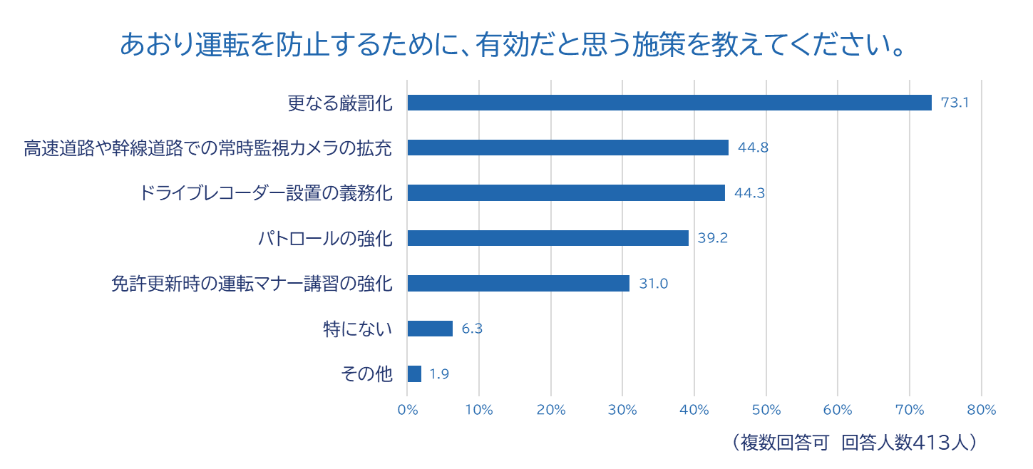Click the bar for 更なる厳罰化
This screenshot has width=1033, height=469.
(669, 103)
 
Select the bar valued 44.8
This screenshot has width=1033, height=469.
(567, 148)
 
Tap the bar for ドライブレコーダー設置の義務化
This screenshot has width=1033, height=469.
(565, 193)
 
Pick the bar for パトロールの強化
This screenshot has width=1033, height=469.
(548, 238)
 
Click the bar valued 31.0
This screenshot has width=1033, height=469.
(518, 284)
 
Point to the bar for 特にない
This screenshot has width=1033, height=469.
(430, 329)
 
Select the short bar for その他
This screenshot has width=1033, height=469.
(414, 374)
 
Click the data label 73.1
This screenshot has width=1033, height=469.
(955, 103)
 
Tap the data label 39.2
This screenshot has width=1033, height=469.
(712, 238)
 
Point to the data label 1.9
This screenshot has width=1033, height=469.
(439, 374)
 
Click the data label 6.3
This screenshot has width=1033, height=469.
(472, 329)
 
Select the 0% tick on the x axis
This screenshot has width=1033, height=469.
(407, 410)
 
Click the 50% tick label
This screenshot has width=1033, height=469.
(766, 410)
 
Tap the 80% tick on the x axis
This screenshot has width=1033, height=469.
(982, 410)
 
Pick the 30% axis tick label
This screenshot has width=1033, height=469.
(622, 410)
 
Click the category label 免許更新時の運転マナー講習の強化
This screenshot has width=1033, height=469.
(252, 284)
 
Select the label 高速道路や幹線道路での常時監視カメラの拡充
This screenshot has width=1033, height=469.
(208, 148)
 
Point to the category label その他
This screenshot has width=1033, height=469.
(367, 374)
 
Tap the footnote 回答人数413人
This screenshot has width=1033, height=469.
(908, 443)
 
